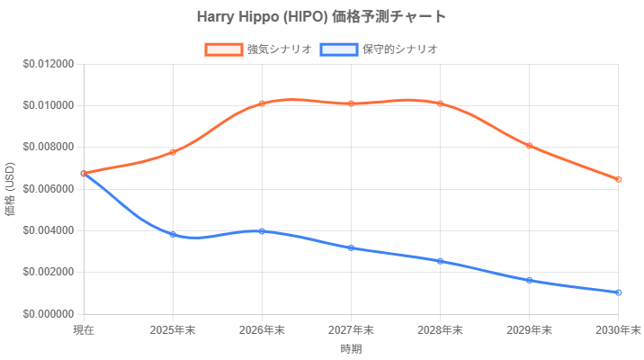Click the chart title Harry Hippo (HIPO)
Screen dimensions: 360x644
(321, 16)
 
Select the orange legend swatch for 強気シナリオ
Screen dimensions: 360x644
(223, 49)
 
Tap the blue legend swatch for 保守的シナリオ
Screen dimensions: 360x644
(338, 49)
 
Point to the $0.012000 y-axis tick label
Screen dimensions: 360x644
(49, 64)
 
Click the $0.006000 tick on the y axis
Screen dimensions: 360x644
(49, 189)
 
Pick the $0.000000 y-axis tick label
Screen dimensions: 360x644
(49, 314)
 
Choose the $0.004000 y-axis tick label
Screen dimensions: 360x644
(49, 230)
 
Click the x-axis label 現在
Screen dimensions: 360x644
(84, 331)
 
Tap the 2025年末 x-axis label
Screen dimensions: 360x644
(173, 331)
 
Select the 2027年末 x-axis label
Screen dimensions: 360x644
(351, 331)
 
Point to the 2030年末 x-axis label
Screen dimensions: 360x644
(619, 331)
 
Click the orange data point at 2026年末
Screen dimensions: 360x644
(262, 103)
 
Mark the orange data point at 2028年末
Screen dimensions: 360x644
(440, 103)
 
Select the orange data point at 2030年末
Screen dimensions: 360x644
(619, 179)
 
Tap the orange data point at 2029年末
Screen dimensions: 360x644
(529, 146)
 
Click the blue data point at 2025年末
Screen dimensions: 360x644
(173, 234)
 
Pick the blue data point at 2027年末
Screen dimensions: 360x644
(351, 247)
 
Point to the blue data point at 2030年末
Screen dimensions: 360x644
(619, 292)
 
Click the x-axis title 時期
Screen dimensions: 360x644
(351, 347)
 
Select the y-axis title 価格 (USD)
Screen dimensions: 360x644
(10, 189)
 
